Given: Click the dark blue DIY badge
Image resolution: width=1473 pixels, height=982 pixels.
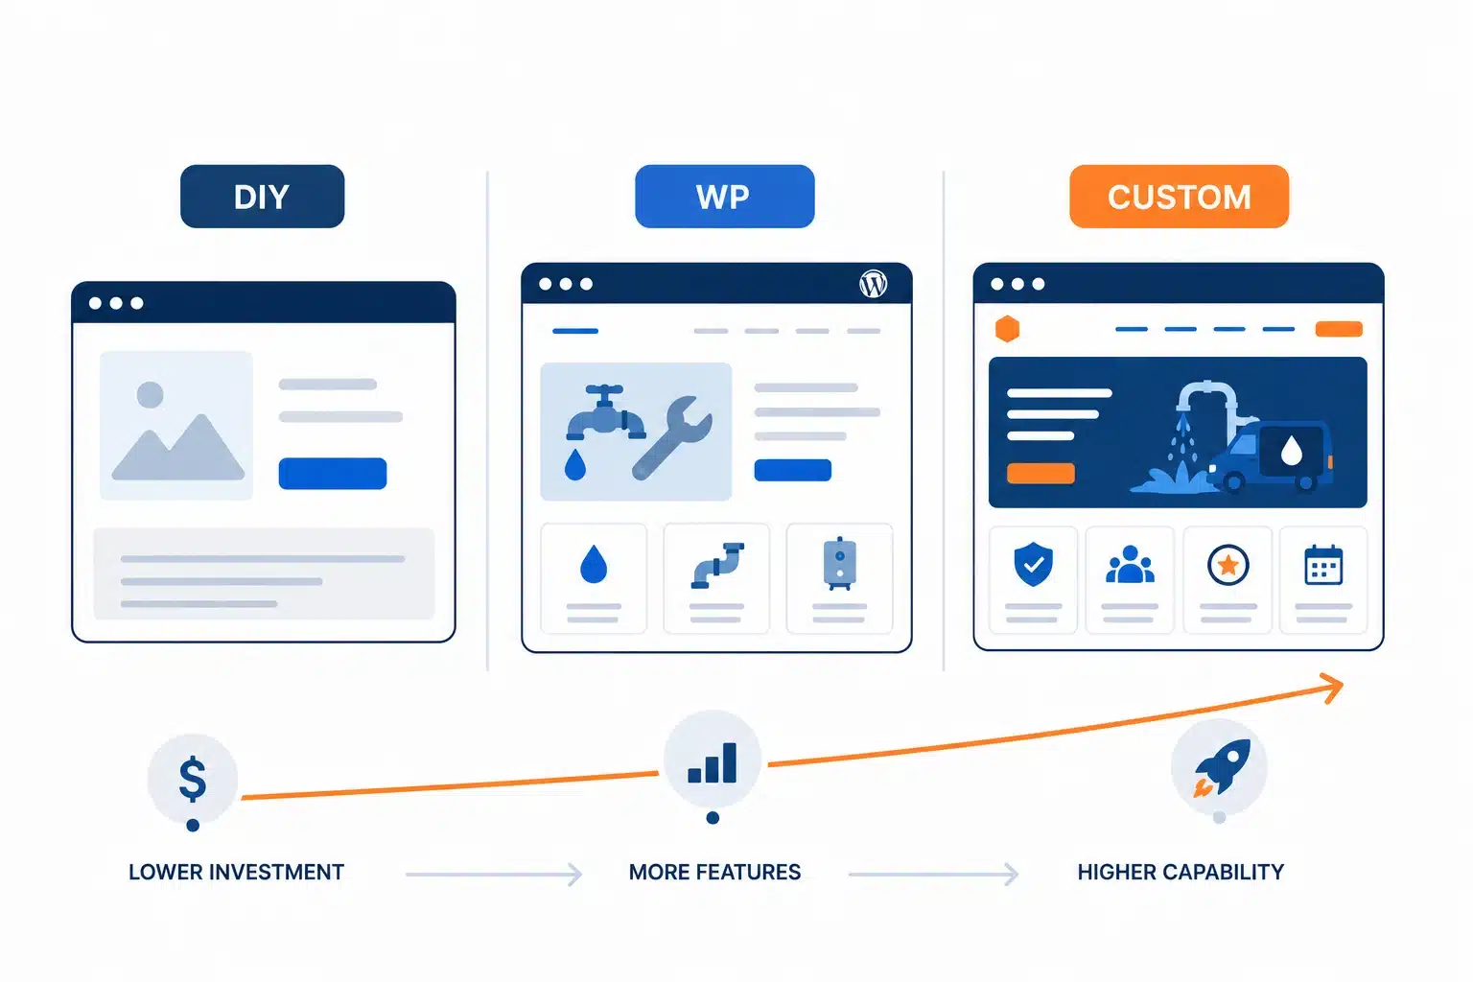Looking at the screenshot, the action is (x=263, y=197).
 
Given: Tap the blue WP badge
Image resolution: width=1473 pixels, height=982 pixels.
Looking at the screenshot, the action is (x=725, y=197).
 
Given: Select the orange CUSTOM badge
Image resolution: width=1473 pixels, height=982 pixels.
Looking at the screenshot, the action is (x=1179, y=197).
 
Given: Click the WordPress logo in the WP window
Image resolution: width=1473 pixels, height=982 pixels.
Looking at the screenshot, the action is (x=874, y=284).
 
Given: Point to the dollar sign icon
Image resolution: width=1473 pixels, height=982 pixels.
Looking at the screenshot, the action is (x=193, y=779).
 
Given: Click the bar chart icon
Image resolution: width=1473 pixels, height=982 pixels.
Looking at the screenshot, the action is (x=713, y=763).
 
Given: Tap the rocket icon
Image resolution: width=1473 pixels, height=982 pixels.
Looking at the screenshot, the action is (x=1222, y=767).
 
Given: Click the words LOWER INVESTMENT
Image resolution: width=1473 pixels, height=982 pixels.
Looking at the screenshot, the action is (x=236, y=872).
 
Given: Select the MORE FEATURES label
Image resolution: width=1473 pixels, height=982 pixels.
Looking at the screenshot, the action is (x=714, y=872).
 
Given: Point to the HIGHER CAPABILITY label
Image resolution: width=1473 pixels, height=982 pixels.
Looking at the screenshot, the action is (x=1181, y=872).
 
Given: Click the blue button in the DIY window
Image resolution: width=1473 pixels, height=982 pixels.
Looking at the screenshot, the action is (x=333, y=474).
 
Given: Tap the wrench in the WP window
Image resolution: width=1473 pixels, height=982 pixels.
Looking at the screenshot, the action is (x=672, y=437).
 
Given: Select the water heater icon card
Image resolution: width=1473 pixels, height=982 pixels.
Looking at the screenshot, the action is (x=840, y=579).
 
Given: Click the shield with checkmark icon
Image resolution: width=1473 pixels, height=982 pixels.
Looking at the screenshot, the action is (x=1033, y=564).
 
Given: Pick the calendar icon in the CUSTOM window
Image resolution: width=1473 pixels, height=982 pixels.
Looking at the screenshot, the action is (x=1323, y=565).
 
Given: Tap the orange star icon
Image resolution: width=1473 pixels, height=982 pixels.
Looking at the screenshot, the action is (x=1227, y=565).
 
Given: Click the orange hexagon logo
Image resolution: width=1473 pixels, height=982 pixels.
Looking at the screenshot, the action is (x=1008, y=329).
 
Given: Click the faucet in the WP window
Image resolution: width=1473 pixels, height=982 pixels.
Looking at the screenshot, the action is (x=605, y=414).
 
